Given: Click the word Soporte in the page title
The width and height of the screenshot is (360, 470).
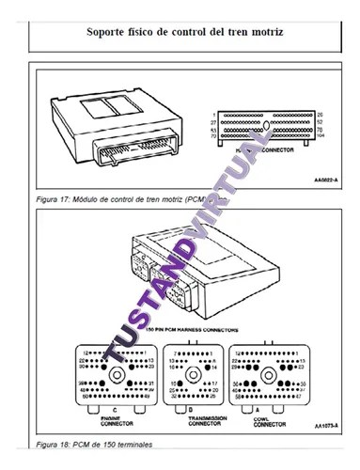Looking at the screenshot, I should [110, 32].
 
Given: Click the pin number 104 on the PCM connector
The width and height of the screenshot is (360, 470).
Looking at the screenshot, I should [323, 137].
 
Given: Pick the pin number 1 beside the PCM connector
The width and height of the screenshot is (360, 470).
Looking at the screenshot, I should [216, 114].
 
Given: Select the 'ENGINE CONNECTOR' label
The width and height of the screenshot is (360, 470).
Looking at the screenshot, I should [118, 419].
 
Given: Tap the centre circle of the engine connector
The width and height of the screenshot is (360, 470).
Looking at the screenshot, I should [119, 373].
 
